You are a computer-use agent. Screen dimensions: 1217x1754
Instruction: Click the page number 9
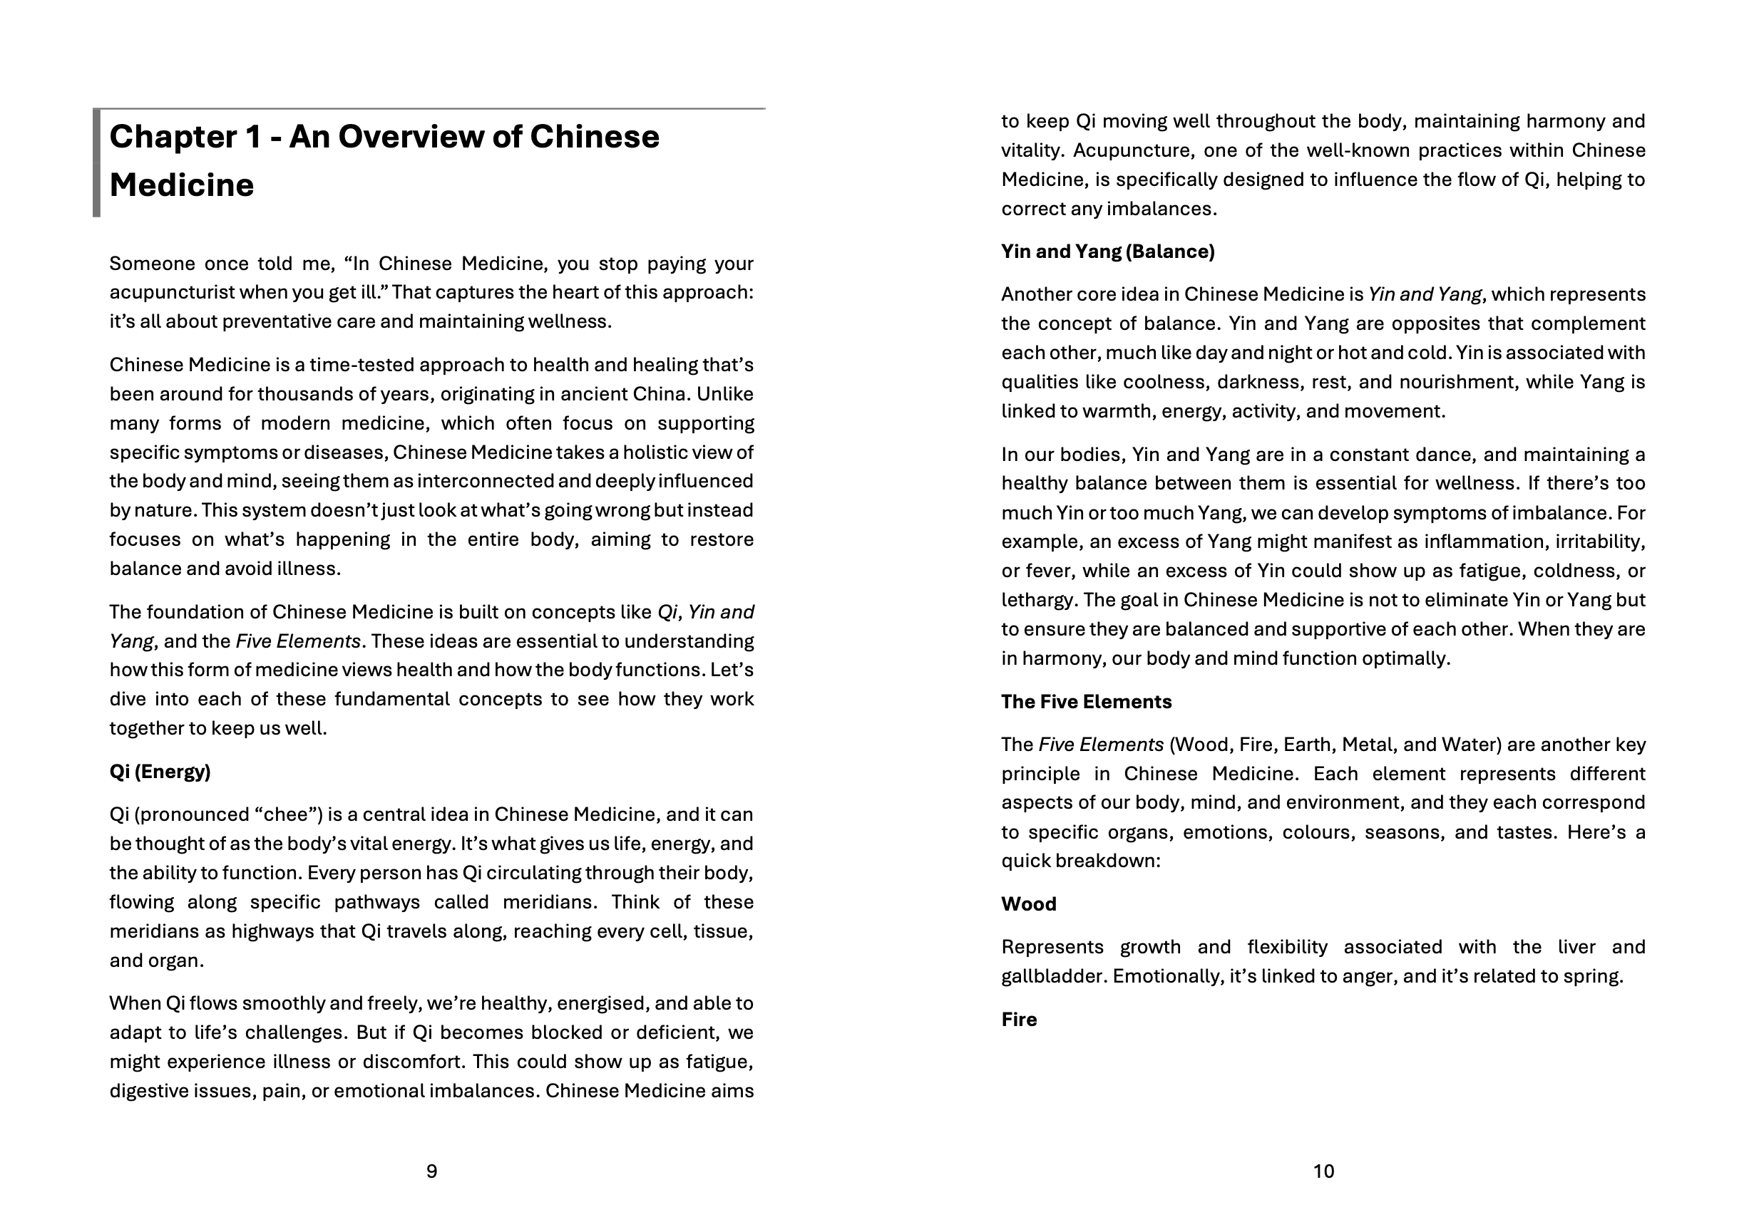[x=431, y=1171]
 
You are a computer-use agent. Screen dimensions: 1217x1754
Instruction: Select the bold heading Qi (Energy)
[x=160, y=772]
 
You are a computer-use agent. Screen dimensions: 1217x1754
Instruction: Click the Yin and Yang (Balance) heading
[x=1107, y=252]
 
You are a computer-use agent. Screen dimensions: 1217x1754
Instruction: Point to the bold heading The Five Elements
[x=1086, y=702]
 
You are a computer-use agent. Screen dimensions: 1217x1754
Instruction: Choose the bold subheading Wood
[x=1028, y=904]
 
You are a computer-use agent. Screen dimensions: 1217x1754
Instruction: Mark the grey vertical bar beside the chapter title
[x=97, y=162]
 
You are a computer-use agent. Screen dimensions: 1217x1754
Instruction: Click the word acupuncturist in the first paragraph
[x=171, y=293]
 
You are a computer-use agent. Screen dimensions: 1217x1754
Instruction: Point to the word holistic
[x=660, y=453]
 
